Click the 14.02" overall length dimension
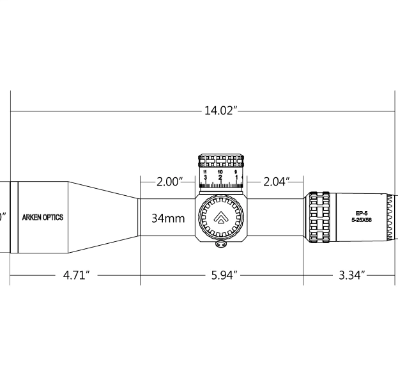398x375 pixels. tap(220, 111)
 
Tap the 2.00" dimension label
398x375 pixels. tap(169, 182)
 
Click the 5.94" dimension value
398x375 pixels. tap(224, 275)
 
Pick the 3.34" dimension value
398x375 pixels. tap(351, 275)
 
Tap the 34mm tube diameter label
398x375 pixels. tap(168, 218)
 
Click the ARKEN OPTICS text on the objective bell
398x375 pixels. tap(43, 218)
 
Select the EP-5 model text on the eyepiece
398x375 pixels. tap(362, 213)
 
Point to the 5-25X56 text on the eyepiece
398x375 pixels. tap(362, 220)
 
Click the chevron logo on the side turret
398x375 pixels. tap(220, 218)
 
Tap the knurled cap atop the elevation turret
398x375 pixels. tap(221, 160)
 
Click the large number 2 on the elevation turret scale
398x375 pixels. tap(220, 178)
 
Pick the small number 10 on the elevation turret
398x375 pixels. tap(220, 172)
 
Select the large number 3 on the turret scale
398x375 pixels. tap(205, 178)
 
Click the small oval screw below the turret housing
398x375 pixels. tap(222, 244)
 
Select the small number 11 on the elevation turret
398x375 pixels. tap(204, 172)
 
